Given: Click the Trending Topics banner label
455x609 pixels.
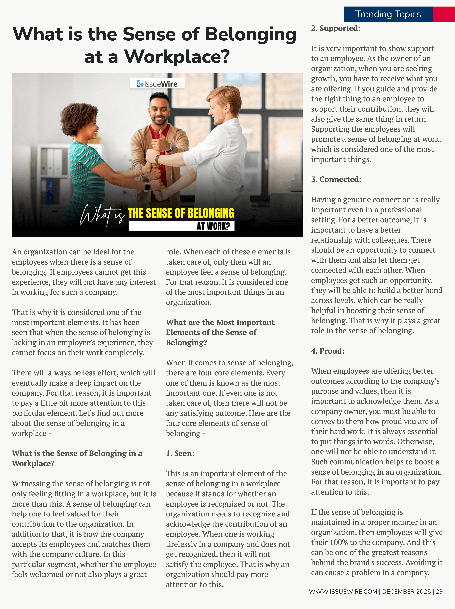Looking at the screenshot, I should point(388,14).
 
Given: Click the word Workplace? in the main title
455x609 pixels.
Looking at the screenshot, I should point(177,57).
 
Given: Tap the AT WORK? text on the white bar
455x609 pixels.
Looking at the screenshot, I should point(213,226).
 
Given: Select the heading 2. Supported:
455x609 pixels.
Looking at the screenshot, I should point(336,28).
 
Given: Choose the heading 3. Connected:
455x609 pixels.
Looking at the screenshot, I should point(336,179).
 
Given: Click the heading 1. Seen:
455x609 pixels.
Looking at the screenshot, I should point(180,453).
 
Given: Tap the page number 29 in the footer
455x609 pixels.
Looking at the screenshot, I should point(439,591).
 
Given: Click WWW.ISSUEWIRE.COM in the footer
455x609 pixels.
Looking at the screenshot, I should point(343,591).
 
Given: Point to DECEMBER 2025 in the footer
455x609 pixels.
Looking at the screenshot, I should point(406,591).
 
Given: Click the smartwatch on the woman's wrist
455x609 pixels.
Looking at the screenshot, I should point(147,187).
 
